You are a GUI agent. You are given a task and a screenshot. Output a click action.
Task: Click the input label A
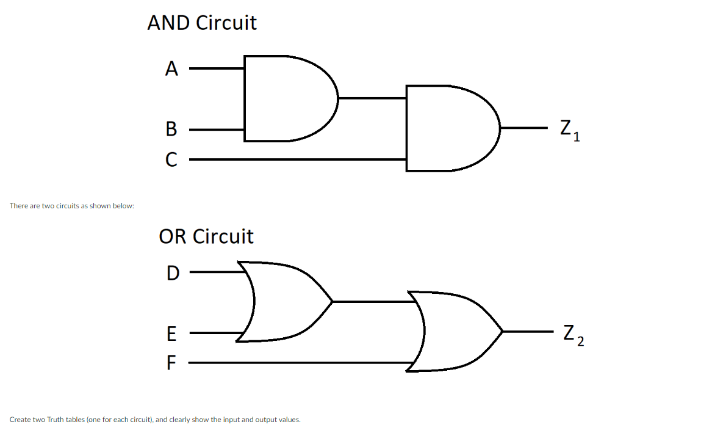click(171, 69)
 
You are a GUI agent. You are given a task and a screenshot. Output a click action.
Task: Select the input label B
click(171, 130)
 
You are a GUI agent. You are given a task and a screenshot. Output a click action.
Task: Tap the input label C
click(171, 160)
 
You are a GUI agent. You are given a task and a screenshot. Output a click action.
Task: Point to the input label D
click(173, 273)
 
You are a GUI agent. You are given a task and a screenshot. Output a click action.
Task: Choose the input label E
click(171, 334)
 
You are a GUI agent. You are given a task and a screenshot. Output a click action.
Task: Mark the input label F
click(171, 363)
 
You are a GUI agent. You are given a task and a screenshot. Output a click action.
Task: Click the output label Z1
click(569, 131)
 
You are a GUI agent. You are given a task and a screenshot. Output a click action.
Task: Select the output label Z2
click(573, 335)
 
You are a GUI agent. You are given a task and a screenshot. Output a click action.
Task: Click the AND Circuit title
click(202, 23)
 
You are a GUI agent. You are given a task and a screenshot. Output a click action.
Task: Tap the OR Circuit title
click(206, 236)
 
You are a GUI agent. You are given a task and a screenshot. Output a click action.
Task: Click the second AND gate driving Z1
click(448, 128)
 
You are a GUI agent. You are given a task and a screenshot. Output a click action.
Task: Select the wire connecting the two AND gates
click(372, 98)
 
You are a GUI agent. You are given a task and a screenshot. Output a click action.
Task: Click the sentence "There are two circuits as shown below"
click(72, 206)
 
